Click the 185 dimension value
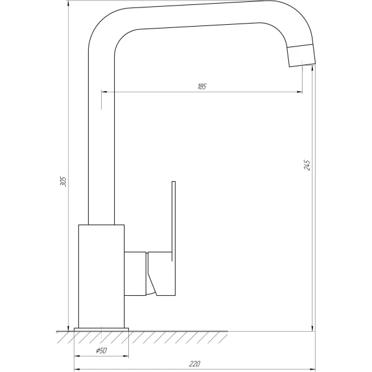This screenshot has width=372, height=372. pos(201,86)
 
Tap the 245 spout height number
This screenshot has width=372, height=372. pos(307,165)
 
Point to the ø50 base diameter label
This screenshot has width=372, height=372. pos(102,352)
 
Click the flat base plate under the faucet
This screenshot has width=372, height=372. pos(102,329)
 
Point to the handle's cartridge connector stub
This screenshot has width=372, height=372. pos(136,273)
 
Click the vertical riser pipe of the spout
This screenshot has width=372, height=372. pos(102,155)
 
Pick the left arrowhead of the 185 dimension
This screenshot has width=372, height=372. pos(104,92)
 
